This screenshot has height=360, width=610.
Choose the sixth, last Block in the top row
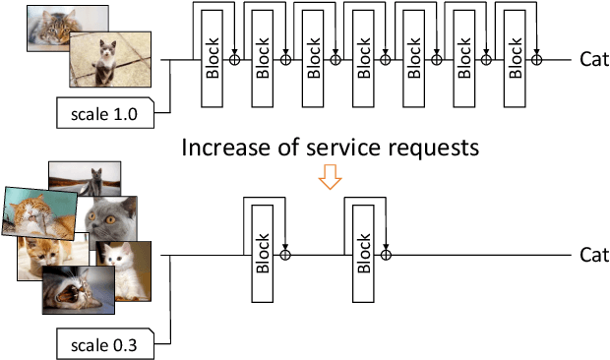(516, 60)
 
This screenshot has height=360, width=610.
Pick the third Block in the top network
(312, 60)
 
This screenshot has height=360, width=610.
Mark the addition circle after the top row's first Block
(234, 59)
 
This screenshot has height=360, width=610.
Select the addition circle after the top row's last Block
(536, 59)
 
